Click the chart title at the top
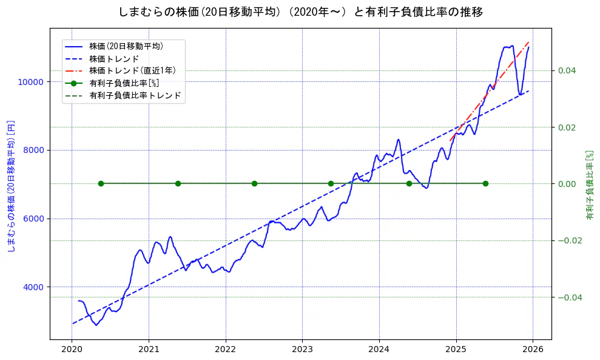click(300, 12)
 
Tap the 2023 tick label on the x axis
click(302, 350)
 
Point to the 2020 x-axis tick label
click(72, 350)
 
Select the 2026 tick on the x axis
click(533, 350)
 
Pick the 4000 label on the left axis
click(34, 287)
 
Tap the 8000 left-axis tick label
click(34, 151)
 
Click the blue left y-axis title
click(11, 186)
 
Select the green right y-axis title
click(589, 185)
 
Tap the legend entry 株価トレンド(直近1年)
click(132, 71)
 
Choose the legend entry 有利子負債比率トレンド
click(135, 96)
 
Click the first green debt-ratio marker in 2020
click(101, 183)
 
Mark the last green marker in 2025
click(485, 183)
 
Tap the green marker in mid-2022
click(254, 183)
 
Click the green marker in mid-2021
click(178, 183)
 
